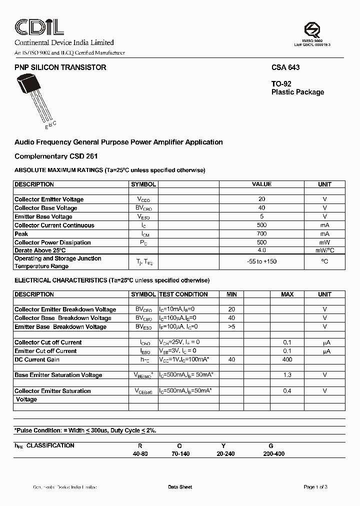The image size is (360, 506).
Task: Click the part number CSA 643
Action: pyautogui.click(x=285, y=67)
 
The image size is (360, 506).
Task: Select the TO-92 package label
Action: pyautogui.click(x=281, y=84)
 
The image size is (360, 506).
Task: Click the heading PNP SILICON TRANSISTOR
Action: pyautogui.click(x=60, y=67)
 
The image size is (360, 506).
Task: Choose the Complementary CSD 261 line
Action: pyautogui.click(x=56, y=156)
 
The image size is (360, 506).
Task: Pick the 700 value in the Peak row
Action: pyautogui.click(x=261, y=233)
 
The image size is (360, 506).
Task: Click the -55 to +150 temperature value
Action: pyautogui.click(x=261, y=261)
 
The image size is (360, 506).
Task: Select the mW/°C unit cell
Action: pyautogui.click(x=324, y=250)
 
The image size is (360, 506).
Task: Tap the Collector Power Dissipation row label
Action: pyautogui.click(x=52, y=242)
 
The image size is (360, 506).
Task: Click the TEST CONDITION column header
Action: pyautogui.click(x=183, y=294)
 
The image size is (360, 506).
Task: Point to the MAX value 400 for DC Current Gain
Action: pyautogui.click(x=287, y=359)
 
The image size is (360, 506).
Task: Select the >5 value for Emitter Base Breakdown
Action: pyautogui.click(x=231, y=326)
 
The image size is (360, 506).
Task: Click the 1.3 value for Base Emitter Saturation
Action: pyautogui.click(x=287, y=374)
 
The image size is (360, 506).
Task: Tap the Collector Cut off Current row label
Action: pyautogui.click(x=48, y=342)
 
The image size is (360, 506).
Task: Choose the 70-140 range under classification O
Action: pyautogui.click(x=180, y=453)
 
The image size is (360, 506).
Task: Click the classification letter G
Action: pyautogui.click(x=270, y=445)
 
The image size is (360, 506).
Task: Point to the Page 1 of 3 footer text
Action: pyautogui.click(x=315, y=487)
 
